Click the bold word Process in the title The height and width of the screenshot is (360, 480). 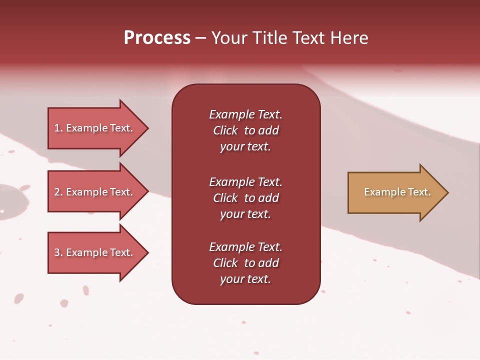(x=157, y=38)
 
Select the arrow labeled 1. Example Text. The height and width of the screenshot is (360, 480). (x=95, y=128)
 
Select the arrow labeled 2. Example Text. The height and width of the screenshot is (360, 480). (x=95, y=192)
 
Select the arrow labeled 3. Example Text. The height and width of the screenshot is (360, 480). (x=95, y=252)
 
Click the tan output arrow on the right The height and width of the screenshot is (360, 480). (x=395, y=192)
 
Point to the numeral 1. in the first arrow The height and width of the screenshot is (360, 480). (x=58, y=128)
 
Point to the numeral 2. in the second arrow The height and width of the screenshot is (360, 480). (x=58, y=192)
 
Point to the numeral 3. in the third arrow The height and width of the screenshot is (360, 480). (x=58, y=252)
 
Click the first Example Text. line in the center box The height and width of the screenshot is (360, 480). (x=245, y=114)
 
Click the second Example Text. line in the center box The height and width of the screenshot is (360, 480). (x=245, y=182)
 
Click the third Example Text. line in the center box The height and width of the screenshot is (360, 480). (x=245, y=247)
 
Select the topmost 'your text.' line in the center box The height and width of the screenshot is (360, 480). (x=245, y=147)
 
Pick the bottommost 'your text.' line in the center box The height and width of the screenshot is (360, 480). (x=245, y=279)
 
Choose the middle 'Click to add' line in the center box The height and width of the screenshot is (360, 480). (x=245, y=198)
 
